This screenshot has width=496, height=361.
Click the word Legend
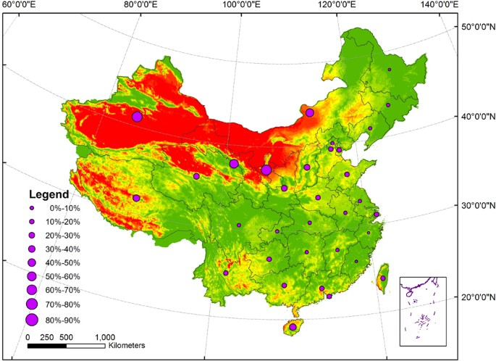tap(49, 194)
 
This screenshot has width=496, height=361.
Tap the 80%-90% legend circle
tap(31, 320)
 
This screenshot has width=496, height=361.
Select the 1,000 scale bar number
tap(105, 337)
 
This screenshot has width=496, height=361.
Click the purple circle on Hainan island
tap(293, 328)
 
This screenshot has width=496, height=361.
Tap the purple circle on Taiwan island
tap(383, 278)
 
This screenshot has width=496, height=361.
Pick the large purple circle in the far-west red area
tap(137, 117)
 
